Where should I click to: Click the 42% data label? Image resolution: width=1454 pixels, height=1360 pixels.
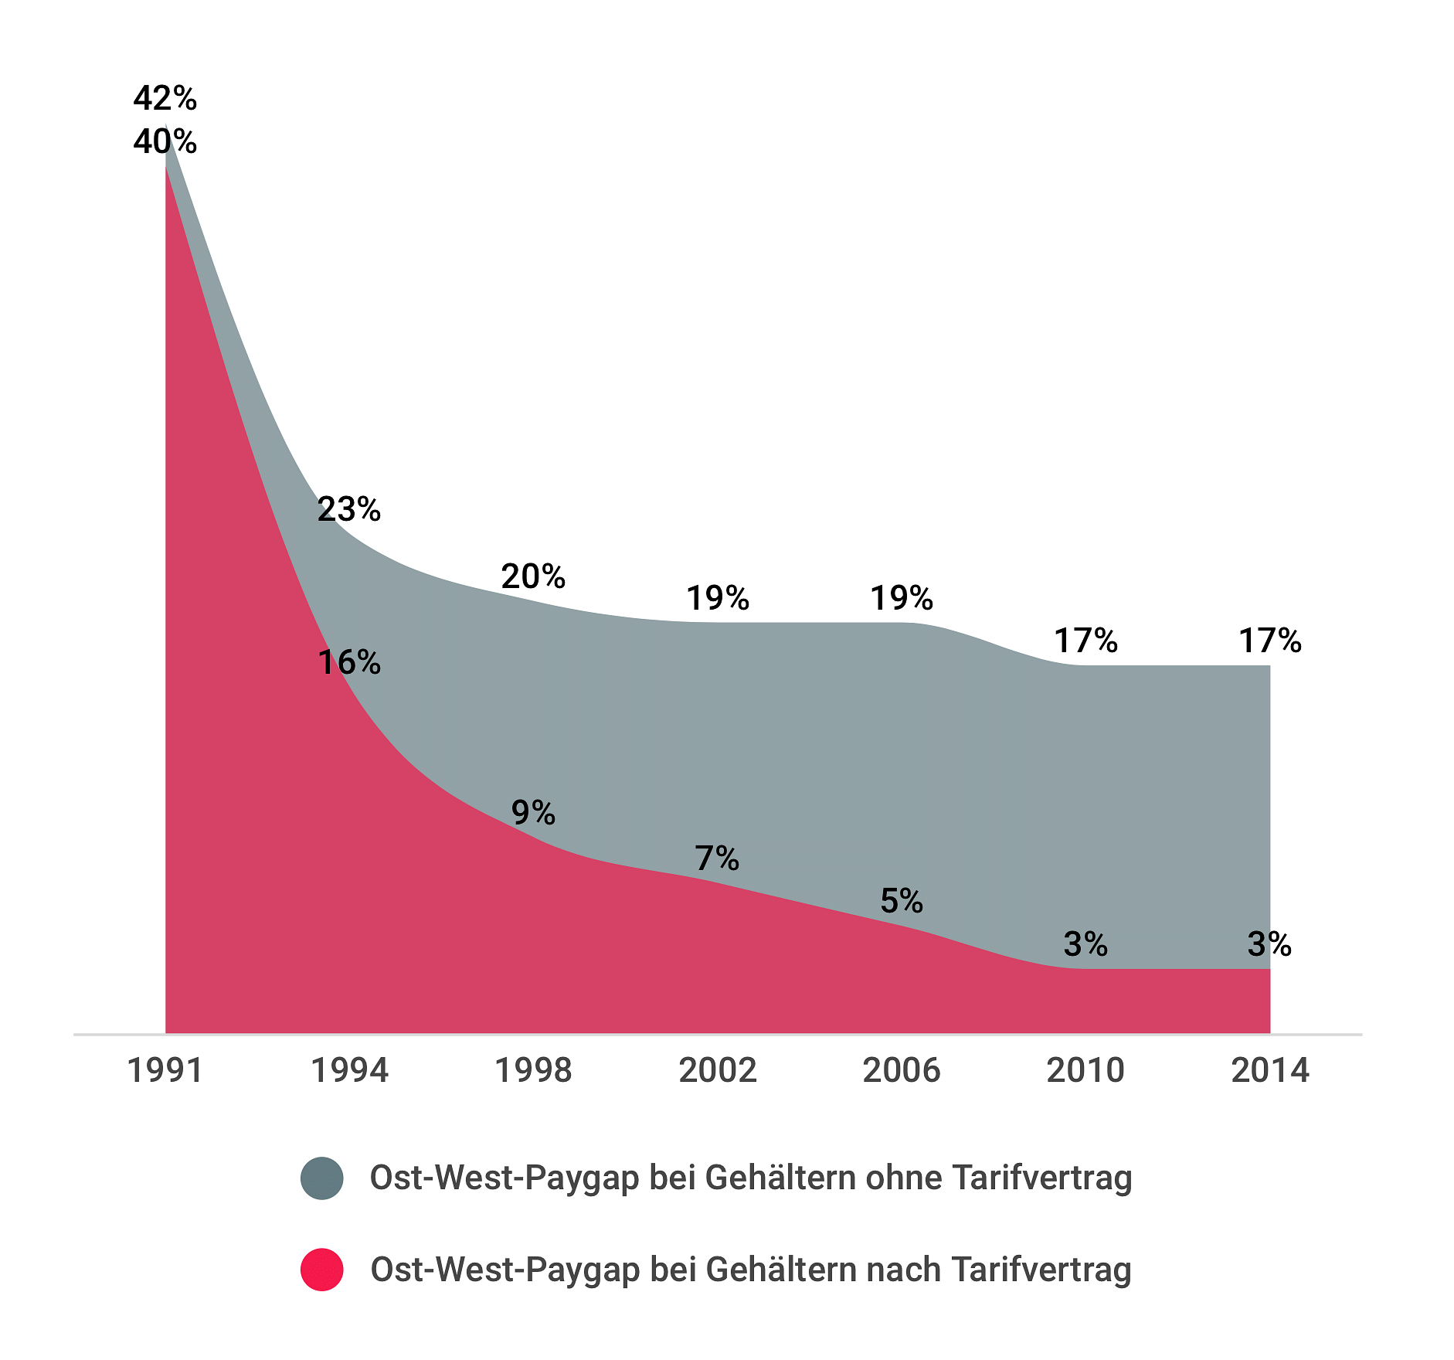pos(165,98)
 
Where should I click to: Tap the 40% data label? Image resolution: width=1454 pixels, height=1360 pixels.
pos(165,141)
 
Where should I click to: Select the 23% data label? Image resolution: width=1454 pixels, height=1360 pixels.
pos(349,509)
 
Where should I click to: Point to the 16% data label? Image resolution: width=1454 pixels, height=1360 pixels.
pos(349,662)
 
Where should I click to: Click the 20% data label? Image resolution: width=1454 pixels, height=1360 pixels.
pos(533,576)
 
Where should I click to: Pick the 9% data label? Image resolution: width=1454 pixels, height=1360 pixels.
pos(533,812)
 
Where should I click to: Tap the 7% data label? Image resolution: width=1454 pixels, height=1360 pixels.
pos(717,858)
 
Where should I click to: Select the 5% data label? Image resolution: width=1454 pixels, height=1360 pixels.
pos(902,901)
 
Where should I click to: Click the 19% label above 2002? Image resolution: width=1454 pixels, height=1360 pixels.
pos(718,598)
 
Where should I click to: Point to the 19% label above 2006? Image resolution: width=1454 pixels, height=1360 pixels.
pos(902,598)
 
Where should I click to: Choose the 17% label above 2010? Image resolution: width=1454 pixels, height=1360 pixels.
pos(1085,641)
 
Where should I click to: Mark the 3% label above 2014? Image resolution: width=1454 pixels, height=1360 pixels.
pos(1269,944)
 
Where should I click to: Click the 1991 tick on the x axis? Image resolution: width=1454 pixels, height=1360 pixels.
pos(165,1071)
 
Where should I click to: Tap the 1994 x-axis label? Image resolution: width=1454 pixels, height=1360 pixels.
pos(349,1071)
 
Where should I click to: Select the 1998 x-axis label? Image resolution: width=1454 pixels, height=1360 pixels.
pos(533,1071)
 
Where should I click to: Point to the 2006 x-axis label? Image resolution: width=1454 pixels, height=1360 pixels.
pos(902,1071)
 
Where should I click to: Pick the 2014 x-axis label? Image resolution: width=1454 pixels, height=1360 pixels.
pos(1270,1071)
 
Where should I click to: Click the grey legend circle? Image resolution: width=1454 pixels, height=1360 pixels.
pos(322,1178)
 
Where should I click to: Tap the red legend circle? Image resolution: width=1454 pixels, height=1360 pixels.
pos(322,1270)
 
